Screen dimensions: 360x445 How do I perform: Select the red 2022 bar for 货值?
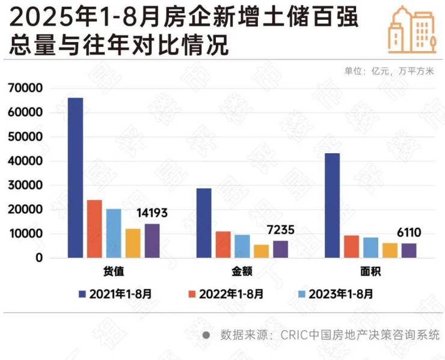[94, 229]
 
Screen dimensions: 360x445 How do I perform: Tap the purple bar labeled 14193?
[152, 241]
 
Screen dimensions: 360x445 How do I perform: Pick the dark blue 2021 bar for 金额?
[204, 223]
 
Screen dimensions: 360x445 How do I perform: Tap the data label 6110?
[409, 233]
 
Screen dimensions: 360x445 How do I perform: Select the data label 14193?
[152, 213]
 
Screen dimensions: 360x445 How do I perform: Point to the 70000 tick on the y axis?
[25, 88]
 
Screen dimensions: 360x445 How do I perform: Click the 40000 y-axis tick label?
[25, 161]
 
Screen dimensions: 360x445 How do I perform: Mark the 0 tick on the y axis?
[38, 258]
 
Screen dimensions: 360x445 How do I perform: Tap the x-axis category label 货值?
[114, 272]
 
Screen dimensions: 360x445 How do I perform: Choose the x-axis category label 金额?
[242, 272]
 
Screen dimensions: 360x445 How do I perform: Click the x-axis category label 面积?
[370, 272]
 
